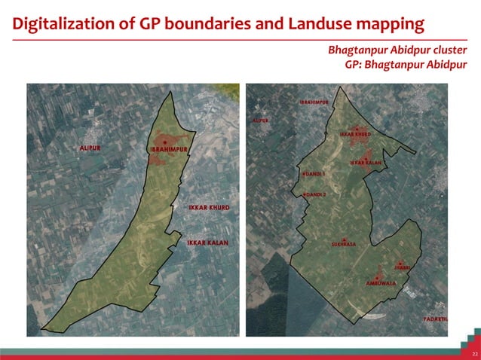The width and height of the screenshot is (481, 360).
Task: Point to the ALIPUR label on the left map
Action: point(90,148)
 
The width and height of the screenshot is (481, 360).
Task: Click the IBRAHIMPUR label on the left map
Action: point(169,150)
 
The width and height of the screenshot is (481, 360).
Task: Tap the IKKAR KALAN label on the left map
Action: point(207,243)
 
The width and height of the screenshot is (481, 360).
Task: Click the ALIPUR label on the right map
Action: point(261,120)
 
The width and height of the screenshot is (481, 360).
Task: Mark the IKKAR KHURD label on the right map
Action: point(355,135)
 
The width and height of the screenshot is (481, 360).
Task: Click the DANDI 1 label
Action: point(315,174)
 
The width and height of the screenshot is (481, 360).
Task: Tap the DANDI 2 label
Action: point(315,194)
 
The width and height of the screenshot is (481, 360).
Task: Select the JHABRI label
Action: point(402,267)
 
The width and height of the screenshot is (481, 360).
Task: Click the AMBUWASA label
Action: point(381,283)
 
